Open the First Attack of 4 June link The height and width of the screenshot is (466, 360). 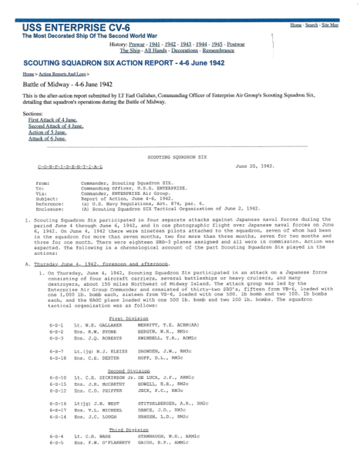[x=54, y=121]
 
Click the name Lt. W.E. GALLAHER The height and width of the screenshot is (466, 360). [x=97, y=305]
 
